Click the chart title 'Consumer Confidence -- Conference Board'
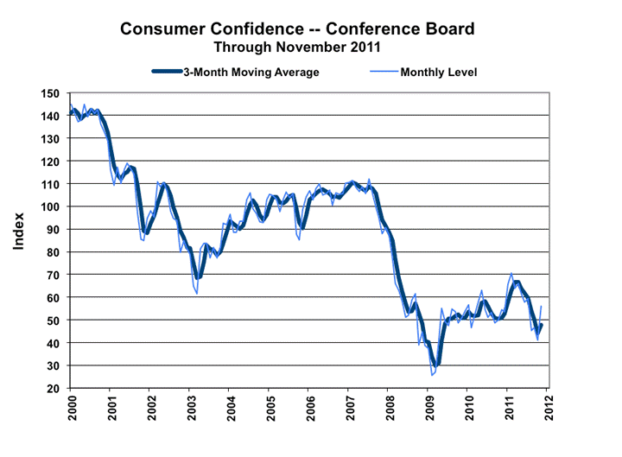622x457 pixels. point(296,29)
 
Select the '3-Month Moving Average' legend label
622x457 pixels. point(251,72)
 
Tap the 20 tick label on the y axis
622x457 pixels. point(53,389)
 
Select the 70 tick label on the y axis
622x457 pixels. point(53,275)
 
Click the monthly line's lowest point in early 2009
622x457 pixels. point(432,375)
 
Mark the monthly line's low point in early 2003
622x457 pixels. point(197,294)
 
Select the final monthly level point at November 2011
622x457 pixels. point(542,307)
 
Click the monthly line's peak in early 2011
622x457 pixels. point(511,273)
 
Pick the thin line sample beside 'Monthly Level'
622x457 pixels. point(378,72)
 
